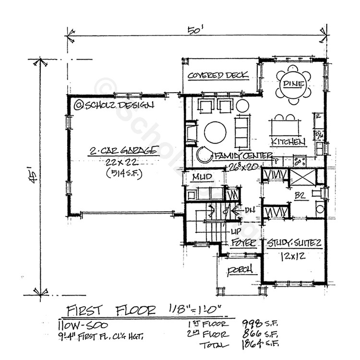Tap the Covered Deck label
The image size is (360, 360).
pos(217,75)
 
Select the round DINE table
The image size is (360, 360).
pos(293,84)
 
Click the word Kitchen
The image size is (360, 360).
pos(288,142)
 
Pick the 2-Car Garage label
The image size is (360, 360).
pos(123,151)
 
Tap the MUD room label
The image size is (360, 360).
pos(202,177)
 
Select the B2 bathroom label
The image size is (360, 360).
pos(300,195)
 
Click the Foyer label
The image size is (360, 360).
pos(243,243)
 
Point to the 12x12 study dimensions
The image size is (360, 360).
pos(293,257)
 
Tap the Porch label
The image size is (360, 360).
pos(240,270)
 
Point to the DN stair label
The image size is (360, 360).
pos(250,210)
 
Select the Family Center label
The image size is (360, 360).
pos(243,156)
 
